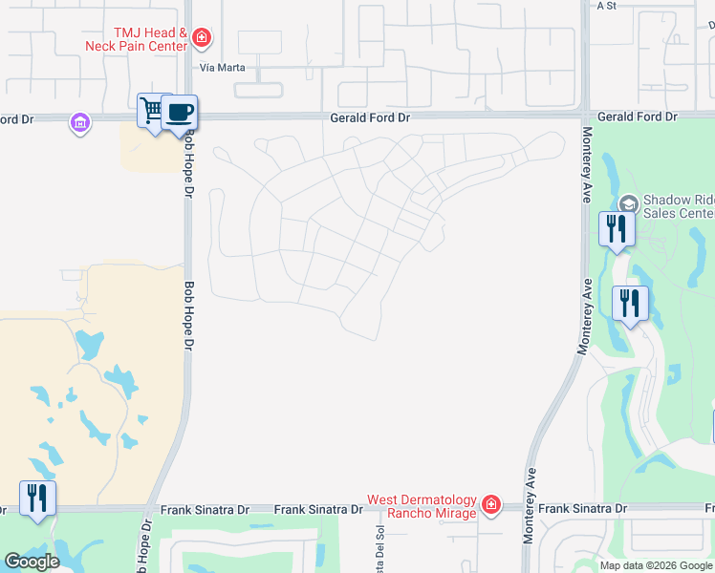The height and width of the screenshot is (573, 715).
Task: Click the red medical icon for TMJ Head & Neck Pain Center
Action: point(202,38)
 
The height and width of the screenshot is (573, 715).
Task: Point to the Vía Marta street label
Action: point(221,68)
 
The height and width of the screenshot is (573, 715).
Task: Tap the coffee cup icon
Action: point(180,112)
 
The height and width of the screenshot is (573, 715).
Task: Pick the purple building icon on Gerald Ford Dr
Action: point(79,122)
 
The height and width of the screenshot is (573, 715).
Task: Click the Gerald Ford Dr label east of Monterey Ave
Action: point(638,117)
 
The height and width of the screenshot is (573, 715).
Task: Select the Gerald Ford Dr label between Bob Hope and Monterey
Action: point(370,117)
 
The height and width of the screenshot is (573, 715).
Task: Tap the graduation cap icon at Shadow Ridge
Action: point(628,203)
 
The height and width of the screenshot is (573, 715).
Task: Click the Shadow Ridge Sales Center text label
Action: point(678,207)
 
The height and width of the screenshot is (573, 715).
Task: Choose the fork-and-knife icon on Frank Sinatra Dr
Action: point(37,498)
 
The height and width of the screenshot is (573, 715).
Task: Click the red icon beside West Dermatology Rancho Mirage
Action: point(490,504)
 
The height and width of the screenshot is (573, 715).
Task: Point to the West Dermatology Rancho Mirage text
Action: point(422,507)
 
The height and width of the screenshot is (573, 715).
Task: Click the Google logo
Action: point(32,562)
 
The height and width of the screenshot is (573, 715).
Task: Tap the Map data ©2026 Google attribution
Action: point(656,565)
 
